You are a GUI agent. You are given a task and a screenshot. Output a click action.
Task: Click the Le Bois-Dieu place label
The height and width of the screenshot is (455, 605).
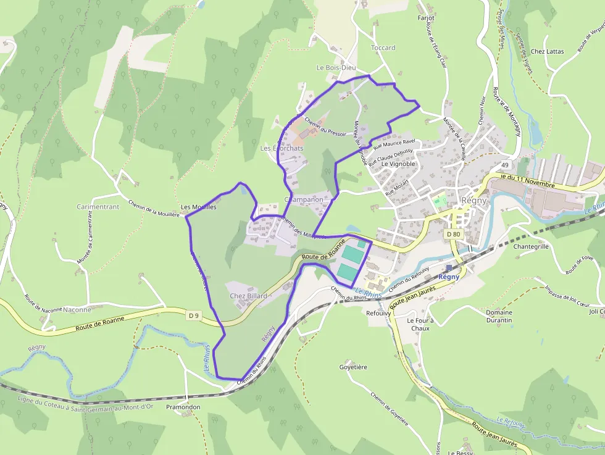coord(336,67)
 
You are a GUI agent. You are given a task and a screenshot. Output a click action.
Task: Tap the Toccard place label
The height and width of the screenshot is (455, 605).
coord(383,48)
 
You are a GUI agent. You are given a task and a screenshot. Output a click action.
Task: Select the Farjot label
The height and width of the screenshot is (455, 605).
coord(426,19)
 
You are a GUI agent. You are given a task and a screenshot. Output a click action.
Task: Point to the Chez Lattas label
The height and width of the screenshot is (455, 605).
coord(547,51)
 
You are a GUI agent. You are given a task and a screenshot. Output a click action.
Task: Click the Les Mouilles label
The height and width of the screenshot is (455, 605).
coord(199,207)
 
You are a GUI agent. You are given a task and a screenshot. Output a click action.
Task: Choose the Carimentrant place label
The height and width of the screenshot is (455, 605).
coord(98,207)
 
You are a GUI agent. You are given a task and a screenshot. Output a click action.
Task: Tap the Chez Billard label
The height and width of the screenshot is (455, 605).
coord(248,296)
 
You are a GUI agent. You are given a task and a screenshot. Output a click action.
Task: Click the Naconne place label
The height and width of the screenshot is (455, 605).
coord(77,310)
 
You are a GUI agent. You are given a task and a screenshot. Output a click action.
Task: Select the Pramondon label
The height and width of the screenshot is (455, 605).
coord(183,407)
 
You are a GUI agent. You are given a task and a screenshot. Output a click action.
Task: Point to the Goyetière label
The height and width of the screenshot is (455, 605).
coord(353,367)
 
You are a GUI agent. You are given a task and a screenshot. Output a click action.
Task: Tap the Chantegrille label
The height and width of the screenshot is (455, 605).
coord(531,246)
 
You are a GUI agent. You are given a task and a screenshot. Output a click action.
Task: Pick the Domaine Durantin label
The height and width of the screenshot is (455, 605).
coord(499,316)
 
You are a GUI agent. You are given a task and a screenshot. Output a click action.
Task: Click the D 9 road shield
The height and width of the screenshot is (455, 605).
coord(194,316)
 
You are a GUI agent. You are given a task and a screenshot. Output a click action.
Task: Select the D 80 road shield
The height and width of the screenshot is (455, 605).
coord(453,234)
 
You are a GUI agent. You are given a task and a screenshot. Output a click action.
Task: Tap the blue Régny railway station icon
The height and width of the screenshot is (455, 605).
coord(449,267)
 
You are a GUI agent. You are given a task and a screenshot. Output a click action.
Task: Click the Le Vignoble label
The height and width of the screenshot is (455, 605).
coord(398,164)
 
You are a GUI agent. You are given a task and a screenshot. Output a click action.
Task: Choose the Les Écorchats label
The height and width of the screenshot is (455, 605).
coord(282,149)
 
